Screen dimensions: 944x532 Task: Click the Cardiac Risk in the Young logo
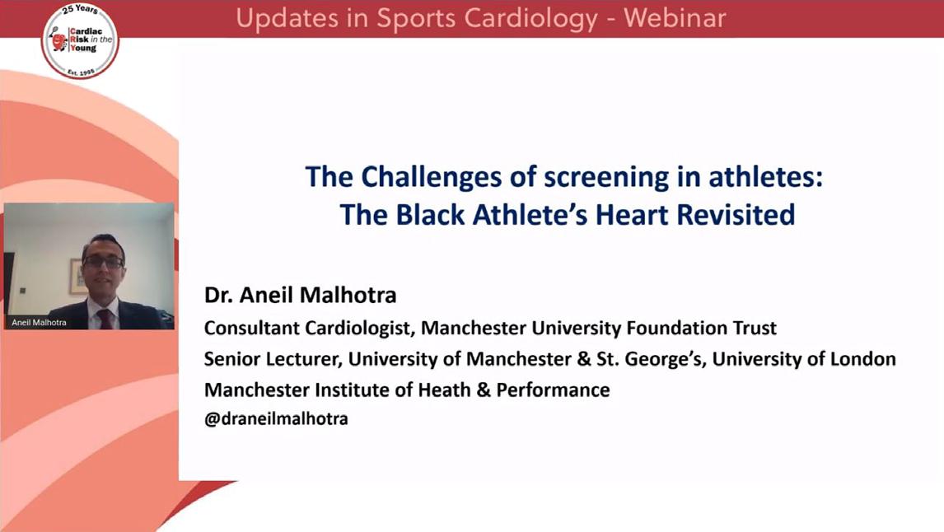[80, 40]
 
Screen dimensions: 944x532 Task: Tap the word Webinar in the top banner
[675, 18]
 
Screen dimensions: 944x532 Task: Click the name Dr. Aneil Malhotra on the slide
[301, 295]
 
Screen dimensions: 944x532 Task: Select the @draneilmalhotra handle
[276, 419]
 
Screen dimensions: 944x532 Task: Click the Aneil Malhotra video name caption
[40, 323]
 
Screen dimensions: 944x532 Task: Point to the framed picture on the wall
[77, 277]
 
